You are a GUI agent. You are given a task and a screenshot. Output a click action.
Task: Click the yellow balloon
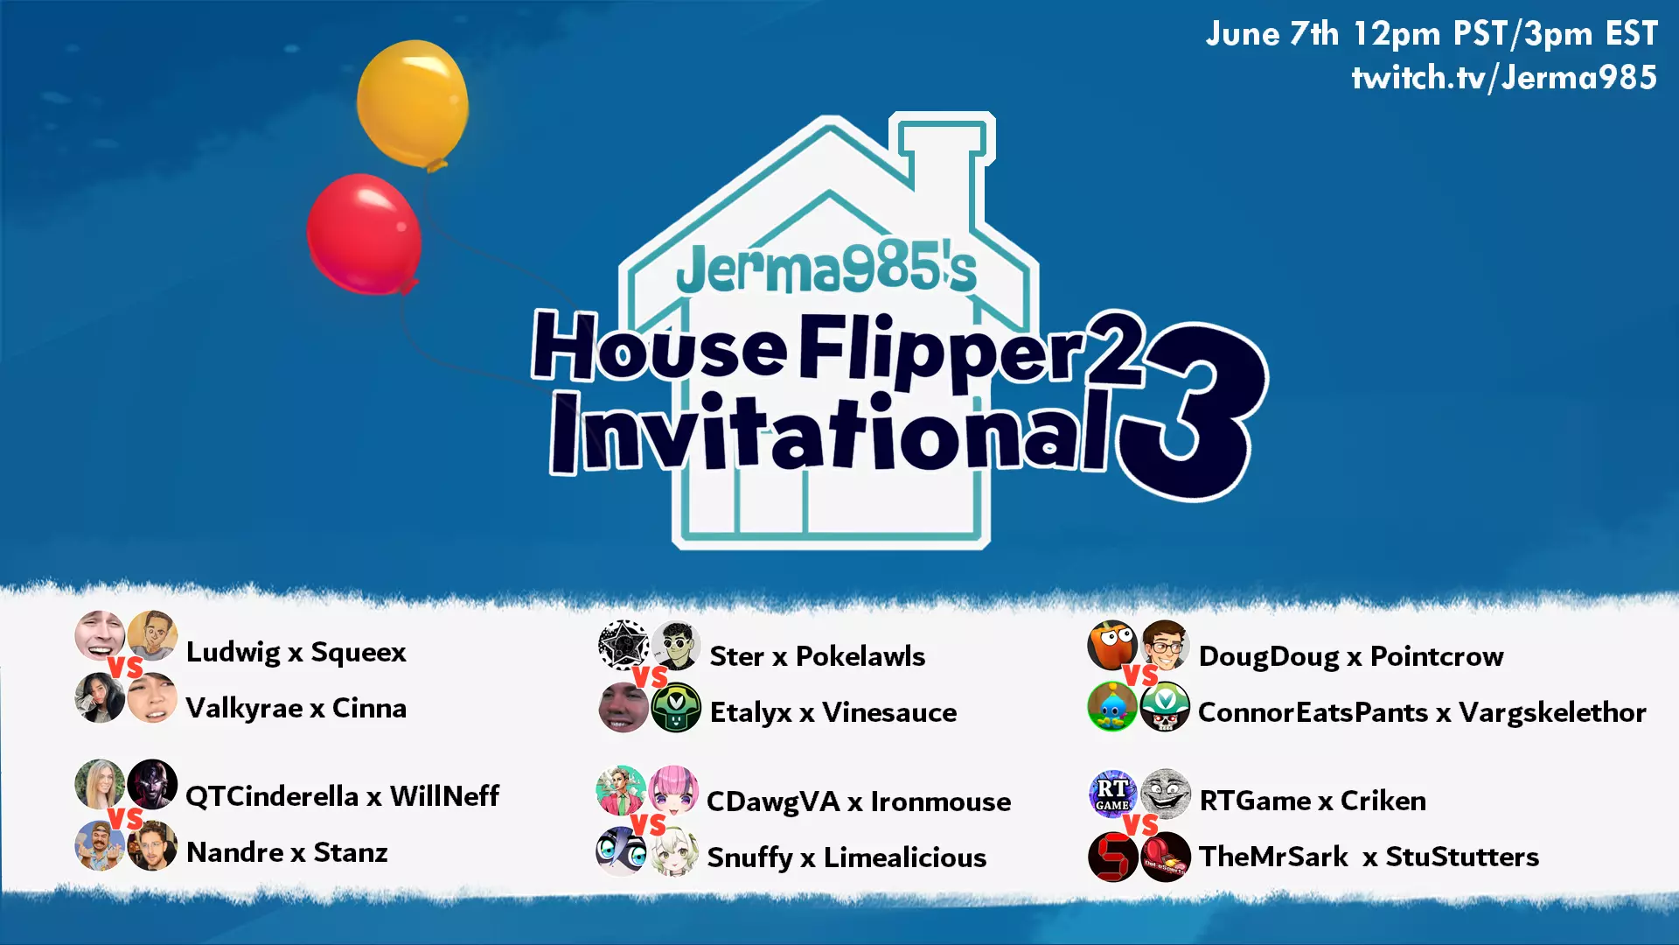(413, 104)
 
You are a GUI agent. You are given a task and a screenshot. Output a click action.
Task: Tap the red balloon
(365, 234)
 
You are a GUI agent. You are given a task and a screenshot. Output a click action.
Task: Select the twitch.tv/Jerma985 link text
(1504, 77)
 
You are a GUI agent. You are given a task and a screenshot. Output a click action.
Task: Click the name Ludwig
(233, 653)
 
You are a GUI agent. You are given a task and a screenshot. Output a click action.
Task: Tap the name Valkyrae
(244, 708)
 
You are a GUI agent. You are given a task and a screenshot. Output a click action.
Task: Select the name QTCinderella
(272, 796)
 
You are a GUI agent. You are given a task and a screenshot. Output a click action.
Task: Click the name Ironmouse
(940, 801)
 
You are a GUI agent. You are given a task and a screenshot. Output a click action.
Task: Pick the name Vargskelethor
(1552, 712)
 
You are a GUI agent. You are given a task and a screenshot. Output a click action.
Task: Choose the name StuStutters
(1462, 857)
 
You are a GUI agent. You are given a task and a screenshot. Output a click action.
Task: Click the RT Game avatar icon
(1112, 794)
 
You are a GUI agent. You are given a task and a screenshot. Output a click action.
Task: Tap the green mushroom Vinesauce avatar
(676, 707)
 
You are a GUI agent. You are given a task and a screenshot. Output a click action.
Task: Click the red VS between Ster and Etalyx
(650, 677)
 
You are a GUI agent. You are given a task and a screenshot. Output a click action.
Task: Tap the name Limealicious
(905, 857)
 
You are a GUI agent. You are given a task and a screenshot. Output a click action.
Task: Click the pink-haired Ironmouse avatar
(672, 790)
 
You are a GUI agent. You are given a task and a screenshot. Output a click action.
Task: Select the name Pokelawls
(860, 656)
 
